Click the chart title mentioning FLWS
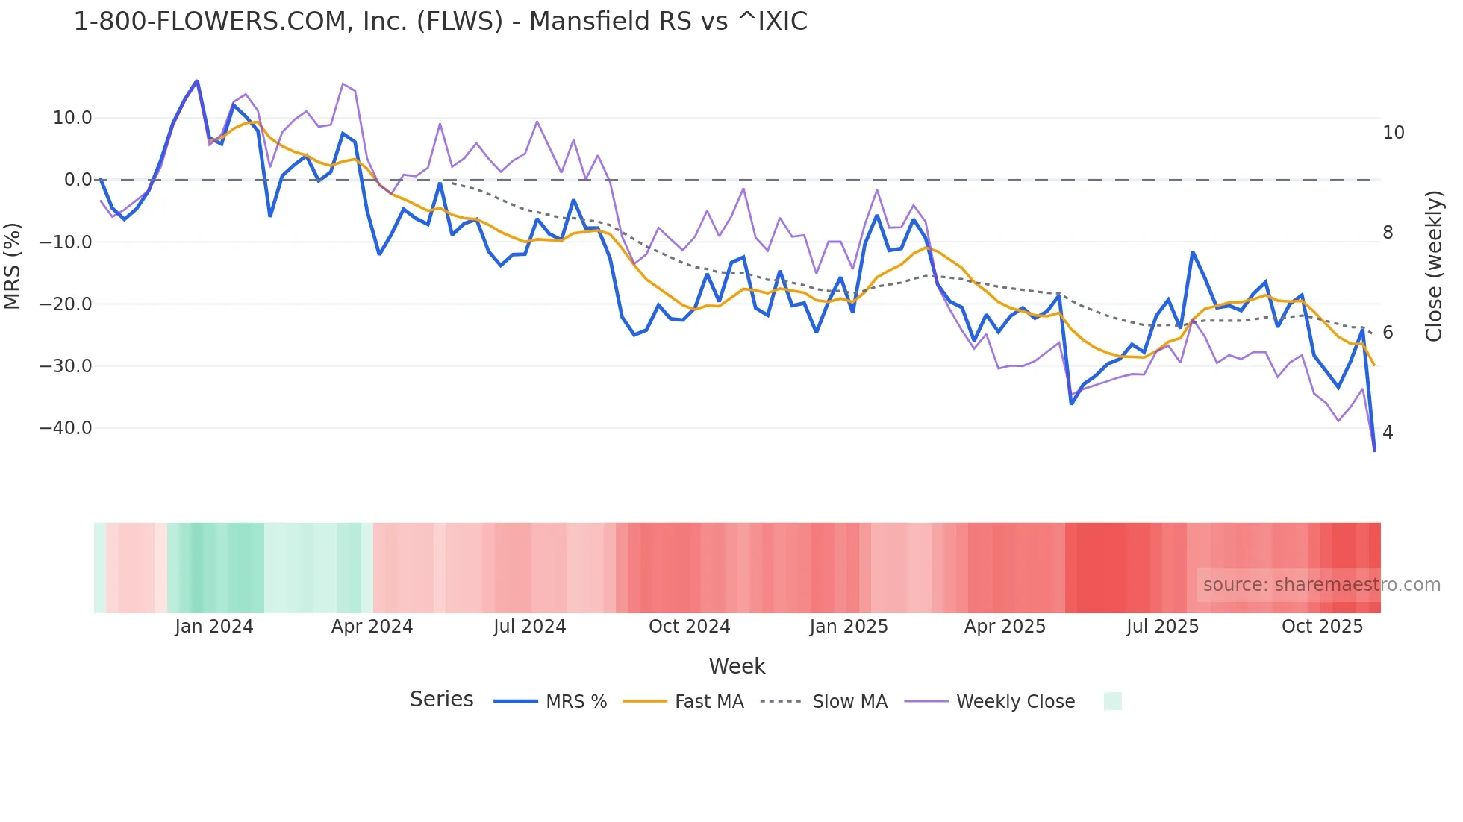point(440,22)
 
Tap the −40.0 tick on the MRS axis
point(66,428)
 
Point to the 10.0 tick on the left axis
point(72,118)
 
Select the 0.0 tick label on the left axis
point(78,180)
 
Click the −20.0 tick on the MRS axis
point(66,304)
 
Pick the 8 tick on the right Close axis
point(1388,233)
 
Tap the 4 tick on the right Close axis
point(1388,433)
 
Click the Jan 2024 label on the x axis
point(214,627)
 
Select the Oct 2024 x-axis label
point(689,627)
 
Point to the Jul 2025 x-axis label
point(1162,627)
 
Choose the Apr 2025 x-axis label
point(1005,627)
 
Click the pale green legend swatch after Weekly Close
point(1112,701)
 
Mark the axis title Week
point(737,666)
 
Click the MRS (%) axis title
point(13,266)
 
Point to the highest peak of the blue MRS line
point(197,81)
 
